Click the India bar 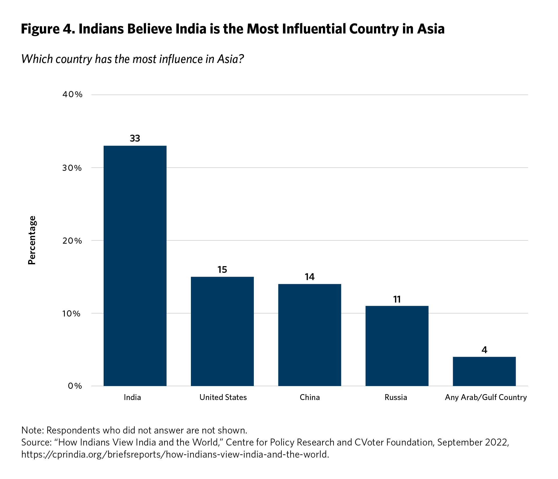[135, 266]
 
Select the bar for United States [222, 331]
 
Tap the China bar [310, 335]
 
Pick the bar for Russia [397, 346]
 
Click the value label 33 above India [135, 138]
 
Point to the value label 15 [222, 270]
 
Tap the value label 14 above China [310, 277]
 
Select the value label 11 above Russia [397, 299]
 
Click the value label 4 [484, 350]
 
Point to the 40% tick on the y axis [72, 95]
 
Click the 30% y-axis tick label [72, 168]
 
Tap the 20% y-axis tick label [72, 240]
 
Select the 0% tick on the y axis [75, 386]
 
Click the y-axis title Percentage [32, 240]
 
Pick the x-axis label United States [223, 397]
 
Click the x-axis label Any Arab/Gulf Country [485, 397]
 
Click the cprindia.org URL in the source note [175, 455]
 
